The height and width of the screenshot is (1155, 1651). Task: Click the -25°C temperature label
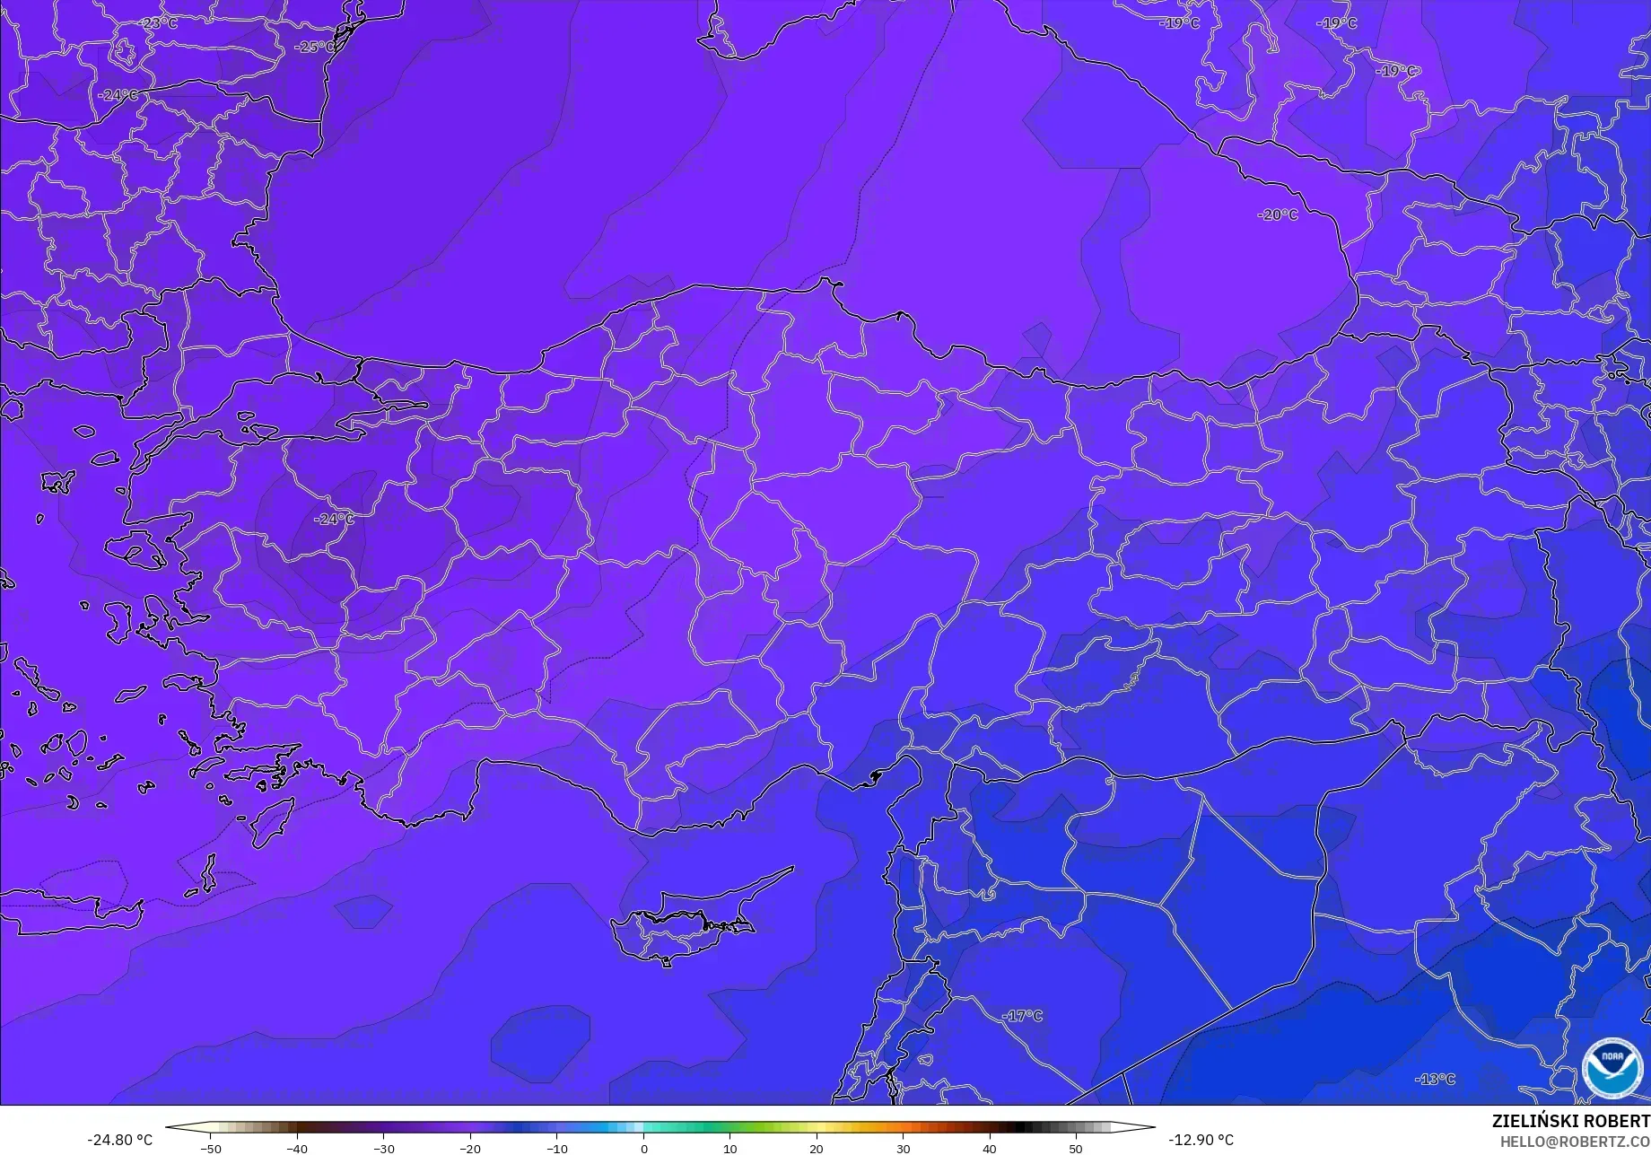click(314, 47)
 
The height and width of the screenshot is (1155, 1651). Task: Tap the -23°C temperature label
click(160, 23)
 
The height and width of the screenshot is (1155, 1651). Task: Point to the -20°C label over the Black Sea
click(1278, 214)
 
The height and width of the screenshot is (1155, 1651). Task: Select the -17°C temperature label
click(1022, 1016)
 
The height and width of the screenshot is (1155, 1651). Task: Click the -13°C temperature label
click(1435, 1079)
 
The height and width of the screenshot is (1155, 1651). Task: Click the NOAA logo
click(1612, 1069)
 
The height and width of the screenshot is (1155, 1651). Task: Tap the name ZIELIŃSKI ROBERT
click(1570, 1121)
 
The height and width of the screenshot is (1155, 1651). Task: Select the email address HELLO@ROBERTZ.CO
click(1575, 1141)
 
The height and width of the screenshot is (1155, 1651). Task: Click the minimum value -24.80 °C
click(119, 1140)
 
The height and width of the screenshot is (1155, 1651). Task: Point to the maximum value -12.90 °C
click(1201, 1140)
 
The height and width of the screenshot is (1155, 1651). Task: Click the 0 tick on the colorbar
click(643, 1148)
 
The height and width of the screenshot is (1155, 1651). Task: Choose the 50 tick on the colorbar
click(1076, 1148)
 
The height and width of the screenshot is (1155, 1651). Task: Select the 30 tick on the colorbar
click(903, 1148)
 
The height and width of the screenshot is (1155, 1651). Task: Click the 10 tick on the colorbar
click(729, 1148)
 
